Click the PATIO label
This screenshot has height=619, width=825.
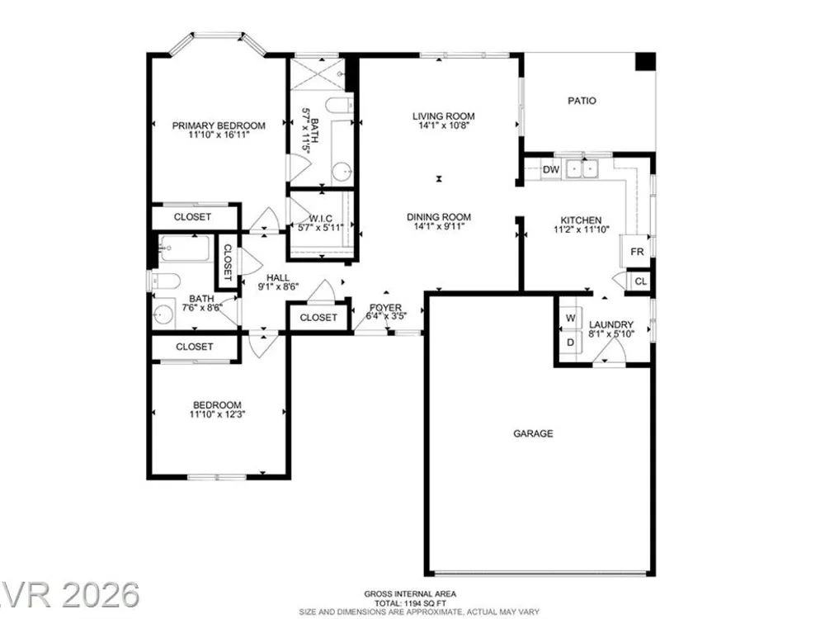(x=582, y=101)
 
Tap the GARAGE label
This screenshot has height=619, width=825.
(x=533, y=434)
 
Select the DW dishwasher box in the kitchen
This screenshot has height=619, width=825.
(x=551, y=169)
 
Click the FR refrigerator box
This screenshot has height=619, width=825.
(x=637, y=252)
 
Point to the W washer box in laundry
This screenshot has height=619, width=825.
(x=570, y=318)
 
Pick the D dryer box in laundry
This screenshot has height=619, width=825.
(x=570, y=343)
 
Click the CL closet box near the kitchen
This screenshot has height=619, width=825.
(x=640, y=281)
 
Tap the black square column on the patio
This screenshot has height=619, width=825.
(x=646, y=61)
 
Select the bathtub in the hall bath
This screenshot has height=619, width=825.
(x=184, y=248)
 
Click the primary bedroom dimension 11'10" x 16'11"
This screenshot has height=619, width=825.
(x=219, y=135)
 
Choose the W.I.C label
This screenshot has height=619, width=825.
(x=320, y=219)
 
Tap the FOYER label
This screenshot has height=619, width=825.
(x=385, y=307)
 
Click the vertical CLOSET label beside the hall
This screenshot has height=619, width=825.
(x=228, y=262)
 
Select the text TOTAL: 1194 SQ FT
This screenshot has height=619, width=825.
(x=410, y=603)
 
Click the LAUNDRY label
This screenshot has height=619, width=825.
(x=610, y=324)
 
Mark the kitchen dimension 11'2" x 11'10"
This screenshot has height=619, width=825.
(x=582, y=229)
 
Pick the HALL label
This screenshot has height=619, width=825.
(x=278, y=277)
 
